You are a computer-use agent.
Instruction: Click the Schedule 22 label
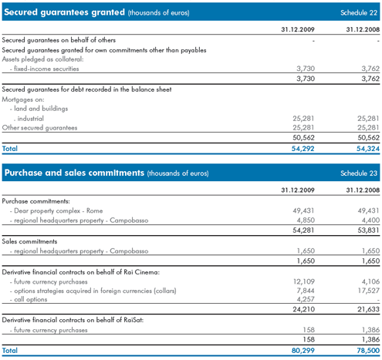click(x=359, y=12)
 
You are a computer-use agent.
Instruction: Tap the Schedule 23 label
click(x=359, y=173)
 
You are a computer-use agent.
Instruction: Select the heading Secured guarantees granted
click(x=64, y=12)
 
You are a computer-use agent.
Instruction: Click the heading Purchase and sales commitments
click(x=74, y=173)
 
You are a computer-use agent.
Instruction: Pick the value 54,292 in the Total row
click(x=303, y=149)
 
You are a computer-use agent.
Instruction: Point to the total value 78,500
click(x=368, y=351)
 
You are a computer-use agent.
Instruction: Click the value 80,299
click(x=303, y=351)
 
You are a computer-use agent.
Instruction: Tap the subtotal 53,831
click(x=368, y=230)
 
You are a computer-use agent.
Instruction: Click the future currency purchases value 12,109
click(x=304, y=281)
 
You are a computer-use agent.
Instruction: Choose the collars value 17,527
click(x=368, y=291)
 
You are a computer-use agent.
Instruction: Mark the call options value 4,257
click(x=306, y=299)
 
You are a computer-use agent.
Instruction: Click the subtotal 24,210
click(x=303, y=309)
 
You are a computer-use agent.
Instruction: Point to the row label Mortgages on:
click(x=23, y=99)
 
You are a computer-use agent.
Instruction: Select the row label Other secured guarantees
click(x=39, y=128)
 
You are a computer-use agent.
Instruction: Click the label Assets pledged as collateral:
click(x=42, y=59)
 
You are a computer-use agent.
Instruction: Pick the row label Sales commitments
click(x=29, y=241)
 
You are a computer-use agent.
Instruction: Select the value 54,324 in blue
click(x=368, y=149)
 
